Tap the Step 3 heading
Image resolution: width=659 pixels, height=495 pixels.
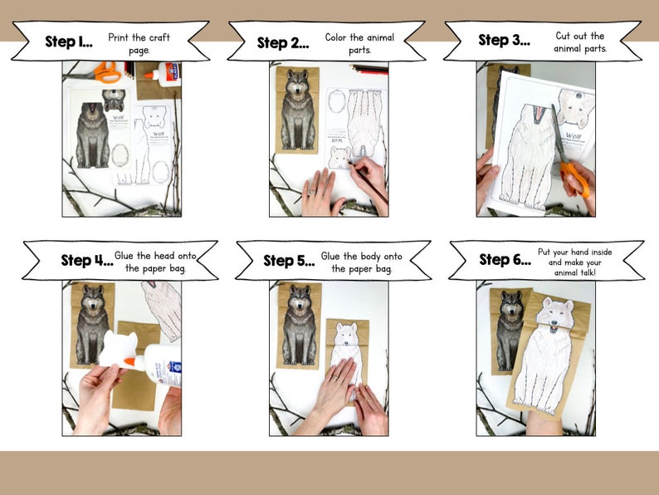point(504,41)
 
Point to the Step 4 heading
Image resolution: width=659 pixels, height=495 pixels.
point(86,261)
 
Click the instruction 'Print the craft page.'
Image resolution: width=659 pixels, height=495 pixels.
point(129,44)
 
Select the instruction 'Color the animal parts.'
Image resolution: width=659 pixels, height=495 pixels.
point(359,44)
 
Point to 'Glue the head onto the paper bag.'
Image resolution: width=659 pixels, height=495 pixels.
point(161,262)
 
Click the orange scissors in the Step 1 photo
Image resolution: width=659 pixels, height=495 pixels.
point(105,72)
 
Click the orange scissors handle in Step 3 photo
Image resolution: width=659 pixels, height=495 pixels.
point(574,178)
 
